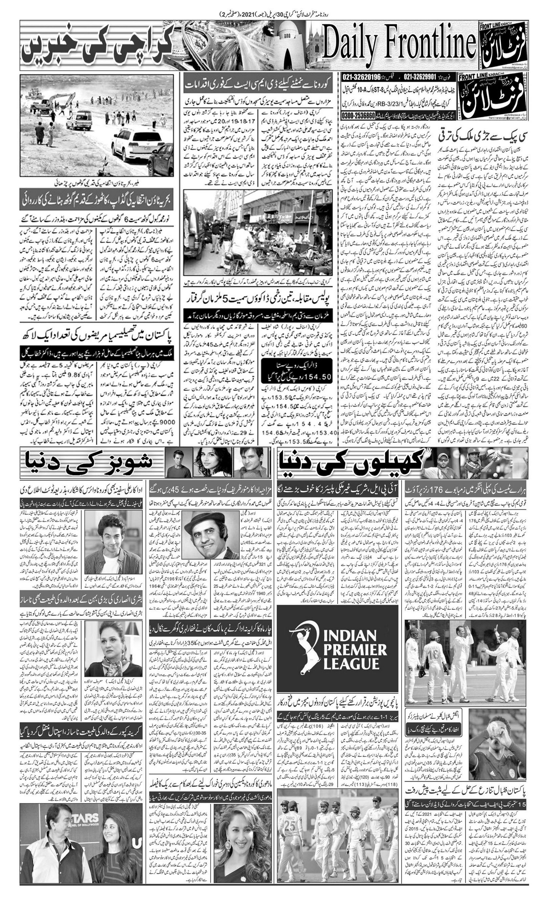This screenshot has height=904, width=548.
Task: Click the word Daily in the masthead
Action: pos(350,45)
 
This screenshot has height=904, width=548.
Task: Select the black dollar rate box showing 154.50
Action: pos(297,370)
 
